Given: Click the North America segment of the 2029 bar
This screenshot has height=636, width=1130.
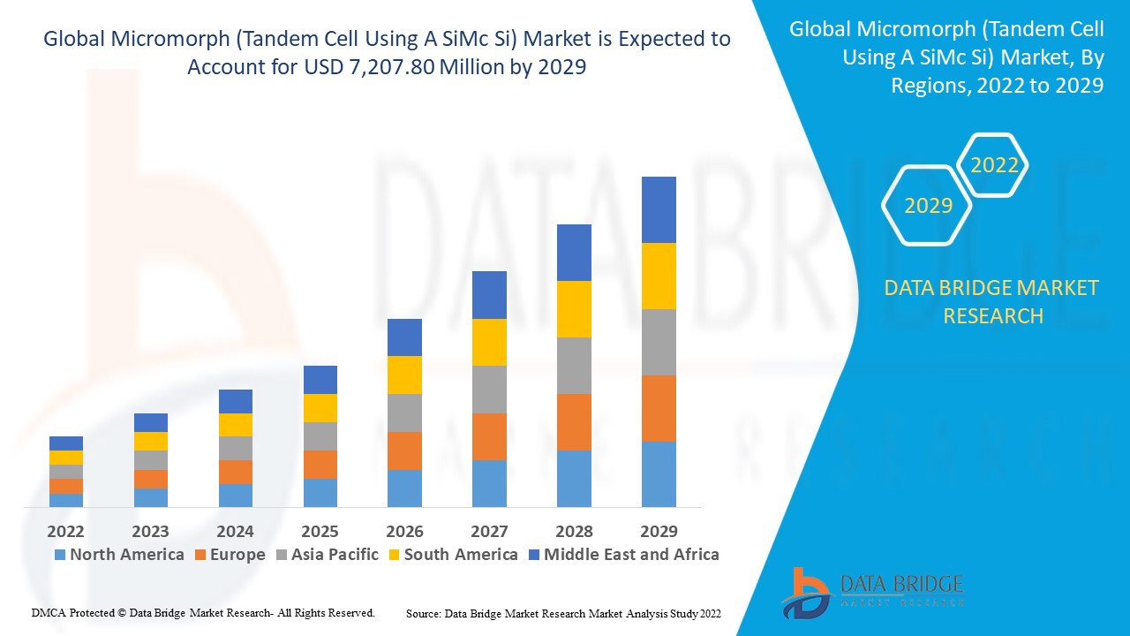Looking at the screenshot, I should (659, 474).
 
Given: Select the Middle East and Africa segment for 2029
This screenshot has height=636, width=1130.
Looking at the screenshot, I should (659, 209).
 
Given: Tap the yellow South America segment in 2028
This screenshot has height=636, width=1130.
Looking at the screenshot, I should (574, 309).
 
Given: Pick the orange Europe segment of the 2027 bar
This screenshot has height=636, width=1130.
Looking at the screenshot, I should (489, 436).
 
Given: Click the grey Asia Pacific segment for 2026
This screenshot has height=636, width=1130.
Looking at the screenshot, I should (404, 413).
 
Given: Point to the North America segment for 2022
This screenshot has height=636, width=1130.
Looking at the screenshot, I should (66, 500).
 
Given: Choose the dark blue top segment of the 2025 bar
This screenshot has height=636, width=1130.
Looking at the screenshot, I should (320, 380).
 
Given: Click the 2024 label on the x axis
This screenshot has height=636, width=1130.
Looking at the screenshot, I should (235, 531).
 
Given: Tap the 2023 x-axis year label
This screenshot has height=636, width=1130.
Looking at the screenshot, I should (150, 531).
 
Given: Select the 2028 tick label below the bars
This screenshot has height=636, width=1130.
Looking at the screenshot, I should (574, 531).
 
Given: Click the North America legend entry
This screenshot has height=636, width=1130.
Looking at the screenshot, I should (119, 555).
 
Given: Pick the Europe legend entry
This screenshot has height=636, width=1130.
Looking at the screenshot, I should (229, 555).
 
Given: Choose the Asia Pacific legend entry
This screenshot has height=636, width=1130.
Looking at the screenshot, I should (328, 555).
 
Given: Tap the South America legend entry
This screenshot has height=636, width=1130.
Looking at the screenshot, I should (453, 555).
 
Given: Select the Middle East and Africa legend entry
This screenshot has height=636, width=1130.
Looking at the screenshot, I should (623, 555).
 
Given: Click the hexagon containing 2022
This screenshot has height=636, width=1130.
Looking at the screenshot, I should (994, 165).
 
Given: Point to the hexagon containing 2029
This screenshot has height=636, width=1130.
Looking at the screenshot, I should (928, 205).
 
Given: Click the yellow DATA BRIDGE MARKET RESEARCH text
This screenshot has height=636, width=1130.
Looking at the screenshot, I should (992, 301).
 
